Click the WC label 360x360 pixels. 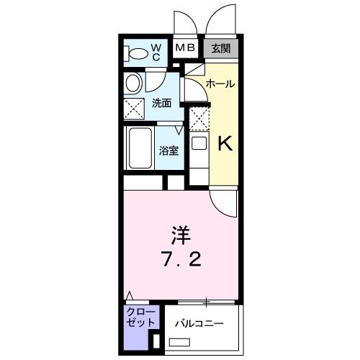pyautogui.click(x=156, y=52)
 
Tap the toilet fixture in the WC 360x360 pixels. pyautogui.click(x=135, y=53)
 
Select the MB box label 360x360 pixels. pyautogui.click(x=186, y=49)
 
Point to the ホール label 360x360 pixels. pyautogui.click(x=220, y=84)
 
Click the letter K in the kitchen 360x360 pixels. pyautogui.click(x=224, y=144)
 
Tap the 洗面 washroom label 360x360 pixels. pyautogui.click(x=161, y=103)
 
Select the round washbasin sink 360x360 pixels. pyautogui.click(x=133, y=84)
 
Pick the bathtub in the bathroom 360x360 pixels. pyautogui.click(x=138, y=148)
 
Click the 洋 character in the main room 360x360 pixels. pyautogui.click(x=181, y=235)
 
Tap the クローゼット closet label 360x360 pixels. pyautogui.click(x=135, y=317)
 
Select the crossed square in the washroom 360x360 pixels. pyautogui.click(x=134, y=109)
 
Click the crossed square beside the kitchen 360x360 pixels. pyautogui.click(x=199, y=117)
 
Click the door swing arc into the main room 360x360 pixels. pyautogui.click(x=223, y=203)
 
